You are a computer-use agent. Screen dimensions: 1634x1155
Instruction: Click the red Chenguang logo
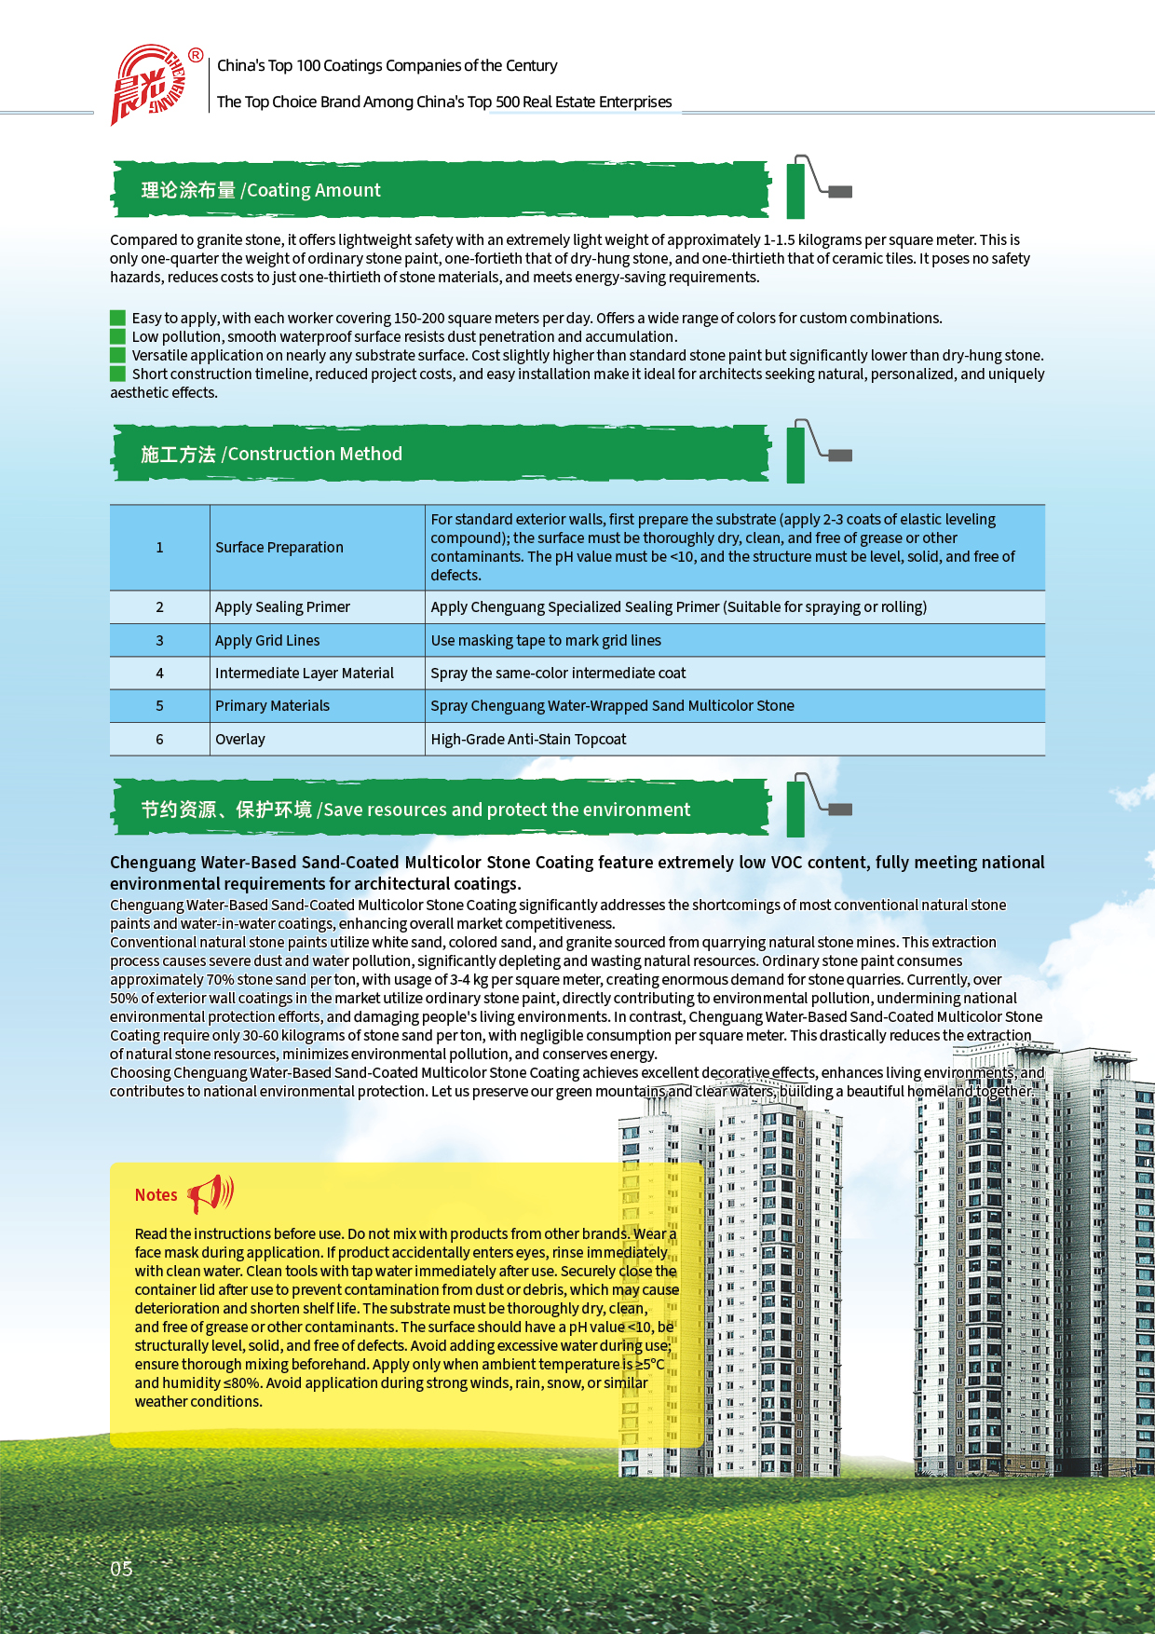coord(147,85)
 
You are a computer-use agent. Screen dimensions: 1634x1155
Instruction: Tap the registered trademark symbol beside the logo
coord(196,55)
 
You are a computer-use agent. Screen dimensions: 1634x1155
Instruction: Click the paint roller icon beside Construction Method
coord(818,452)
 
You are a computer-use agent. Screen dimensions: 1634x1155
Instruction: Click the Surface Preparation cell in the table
coord(279,547)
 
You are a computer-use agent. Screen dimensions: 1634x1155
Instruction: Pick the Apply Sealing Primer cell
coord(282,606)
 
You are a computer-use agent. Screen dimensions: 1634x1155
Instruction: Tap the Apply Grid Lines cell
coord(267,640)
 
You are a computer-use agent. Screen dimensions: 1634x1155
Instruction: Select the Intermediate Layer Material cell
coord(304,673)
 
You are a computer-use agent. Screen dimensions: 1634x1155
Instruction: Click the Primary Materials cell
coord(272,705)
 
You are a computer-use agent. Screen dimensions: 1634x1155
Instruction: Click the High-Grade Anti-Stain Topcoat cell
coord(528,739)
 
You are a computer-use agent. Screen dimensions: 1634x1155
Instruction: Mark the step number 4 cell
coord(159,673)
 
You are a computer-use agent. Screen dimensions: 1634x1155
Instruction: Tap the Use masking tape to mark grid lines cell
coord(546,640)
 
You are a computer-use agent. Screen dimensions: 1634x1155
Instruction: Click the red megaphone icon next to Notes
coord(211,1192)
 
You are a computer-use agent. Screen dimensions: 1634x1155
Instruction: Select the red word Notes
coord(156,1195)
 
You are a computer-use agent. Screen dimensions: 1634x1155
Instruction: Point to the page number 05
coord(121,1568)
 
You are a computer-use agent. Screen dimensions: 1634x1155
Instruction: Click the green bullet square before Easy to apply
coord(117,318)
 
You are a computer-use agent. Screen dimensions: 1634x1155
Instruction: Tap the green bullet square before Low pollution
coord(117,336)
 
